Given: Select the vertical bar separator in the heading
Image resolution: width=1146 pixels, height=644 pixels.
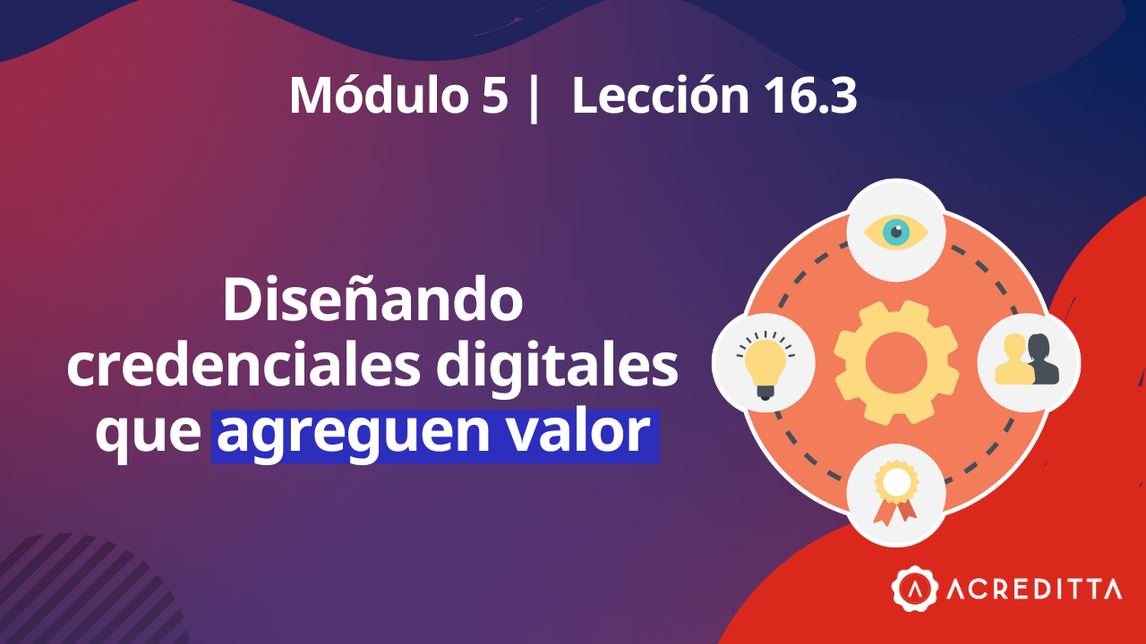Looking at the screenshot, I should pyautogui.click(x=535, y=97).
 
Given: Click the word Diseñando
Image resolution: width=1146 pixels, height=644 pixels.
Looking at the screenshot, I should pyautogui.click(x=372, y=301).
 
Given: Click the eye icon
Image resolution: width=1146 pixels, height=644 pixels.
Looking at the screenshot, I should pyautogui.click(x=896, y=233).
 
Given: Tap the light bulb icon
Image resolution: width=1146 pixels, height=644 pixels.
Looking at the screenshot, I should pyautogui.click(x=764, y=363).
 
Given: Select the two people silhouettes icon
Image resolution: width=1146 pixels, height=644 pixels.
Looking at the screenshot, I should pyautogui.click(x=1028, y=360).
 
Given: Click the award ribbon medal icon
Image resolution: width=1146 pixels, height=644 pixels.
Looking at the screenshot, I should pyautogui.click(x=896, y=494).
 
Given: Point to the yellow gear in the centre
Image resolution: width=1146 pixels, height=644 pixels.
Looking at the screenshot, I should pyautogui.click(x=895, y=362).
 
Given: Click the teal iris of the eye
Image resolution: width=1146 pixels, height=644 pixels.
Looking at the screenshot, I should pyautogui.click(x=895, y=233).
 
